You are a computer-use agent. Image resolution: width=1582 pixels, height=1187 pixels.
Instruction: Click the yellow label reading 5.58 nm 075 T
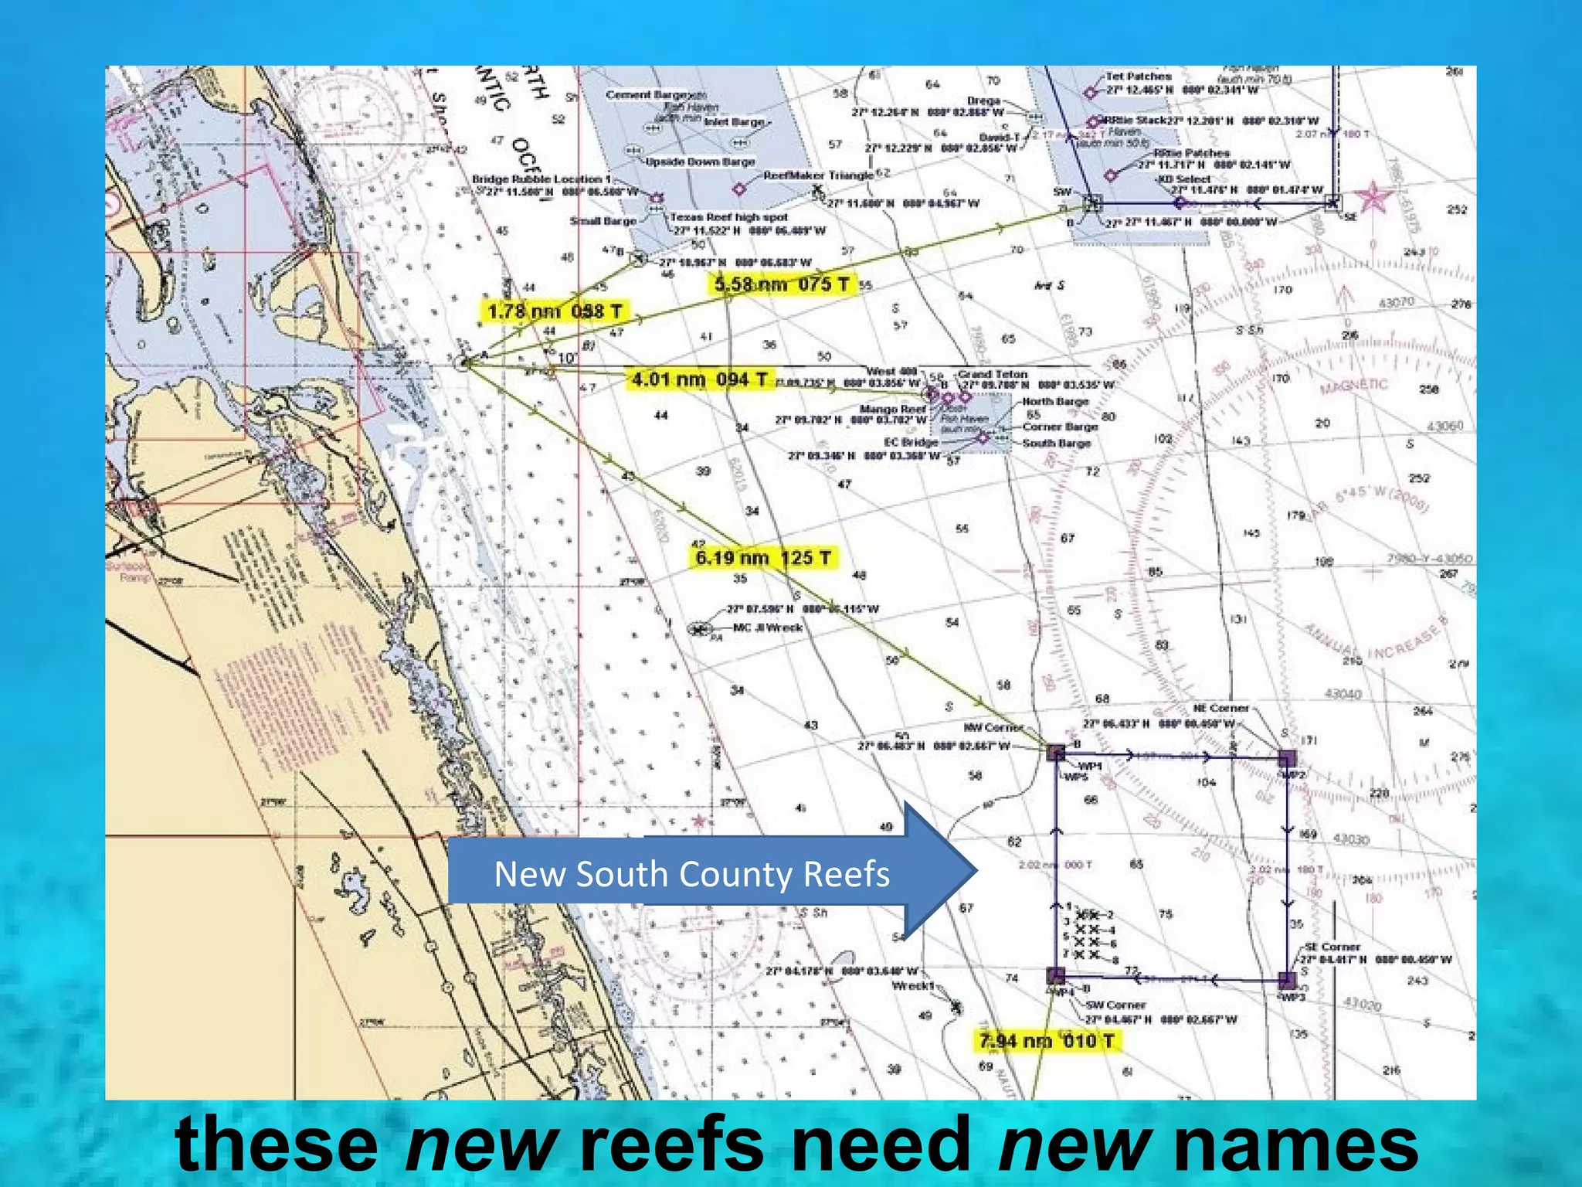pyautogui.click(x=781, y=284)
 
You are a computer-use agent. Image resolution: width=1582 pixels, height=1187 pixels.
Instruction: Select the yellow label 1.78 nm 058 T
pyautogui.click(x=555, y=311)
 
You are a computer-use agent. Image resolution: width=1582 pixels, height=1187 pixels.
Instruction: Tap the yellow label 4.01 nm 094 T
pyautogui.click(x=700, y=379)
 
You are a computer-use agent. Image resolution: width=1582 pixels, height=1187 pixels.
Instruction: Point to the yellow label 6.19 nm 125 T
pyautogui.click(x=763, y=558)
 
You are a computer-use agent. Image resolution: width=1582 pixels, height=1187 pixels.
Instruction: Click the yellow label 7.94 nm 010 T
pyautogui.click(x=1047, y=1041)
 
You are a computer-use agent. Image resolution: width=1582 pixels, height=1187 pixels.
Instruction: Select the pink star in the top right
pyautogui.click(x=1373, y=197)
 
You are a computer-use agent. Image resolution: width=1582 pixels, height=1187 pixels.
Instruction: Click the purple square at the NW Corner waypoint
pyautogui.click(x=1056, y=752)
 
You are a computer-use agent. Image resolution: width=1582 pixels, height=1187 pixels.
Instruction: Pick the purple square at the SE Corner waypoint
pyautogui.click(x=1287, y=980)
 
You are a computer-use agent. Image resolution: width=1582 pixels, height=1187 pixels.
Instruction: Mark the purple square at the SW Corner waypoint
pyautogui.click(x=1056, y=976)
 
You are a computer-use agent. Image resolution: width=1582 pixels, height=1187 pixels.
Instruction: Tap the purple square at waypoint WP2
pyautogui.click(x=1287, y=758)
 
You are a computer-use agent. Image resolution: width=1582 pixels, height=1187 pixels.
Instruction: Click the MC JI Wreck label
pyautogui.click(x=767, y=628)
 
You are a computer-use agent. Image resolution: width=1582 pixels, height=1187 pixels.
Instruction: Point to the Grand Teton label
pyautogui.click(x=993, y=374)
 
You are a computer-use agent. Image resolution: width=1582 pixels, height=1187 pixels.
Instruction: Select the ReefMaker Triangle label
pyautogui.click(x=818, y=175)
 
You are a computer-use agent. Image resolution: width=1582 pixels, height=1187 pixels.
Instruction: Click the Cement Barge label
pyautogui.click(x=646, y=95)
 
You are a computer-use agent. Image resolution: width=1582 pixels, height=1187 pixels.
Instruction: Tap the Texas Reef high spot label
pyautogui.click(x=728, y=217)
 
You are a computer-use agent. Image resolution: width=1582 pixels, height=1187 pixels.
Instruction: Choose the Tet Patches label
pyautogui.click(x=1138, y=77)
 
